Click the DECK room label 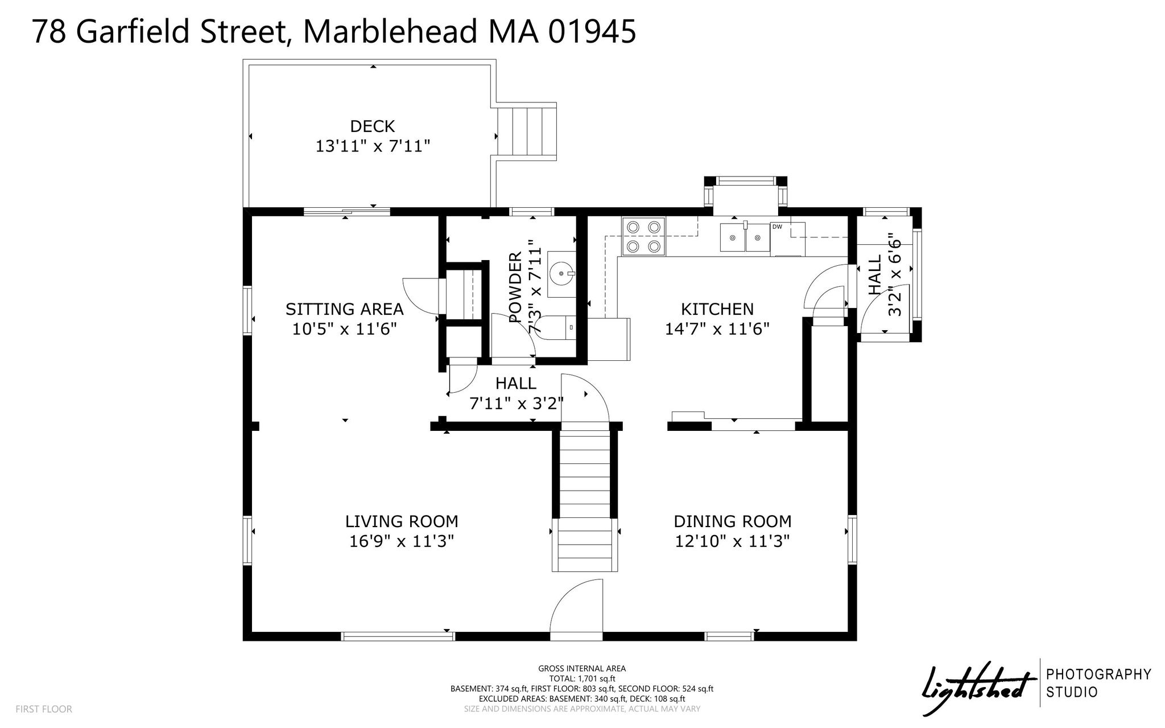coord(373,126)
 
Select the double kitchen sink coord(745,237)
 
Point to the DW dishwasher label coord(777,227)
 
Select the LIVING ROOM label coord(402,521)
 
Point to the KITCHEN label coord(717,309)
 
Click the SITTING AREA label coord(344,309)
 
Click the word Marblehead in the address coord(390,32)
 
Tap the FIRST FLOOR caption coord(44,709)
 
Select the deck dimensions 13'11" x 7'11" coord(373,146)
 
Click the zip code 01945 coord(592,32)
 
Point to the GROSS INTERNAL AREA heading coord(582,668)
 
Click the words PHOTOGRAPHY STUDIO coord(1099,683)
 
